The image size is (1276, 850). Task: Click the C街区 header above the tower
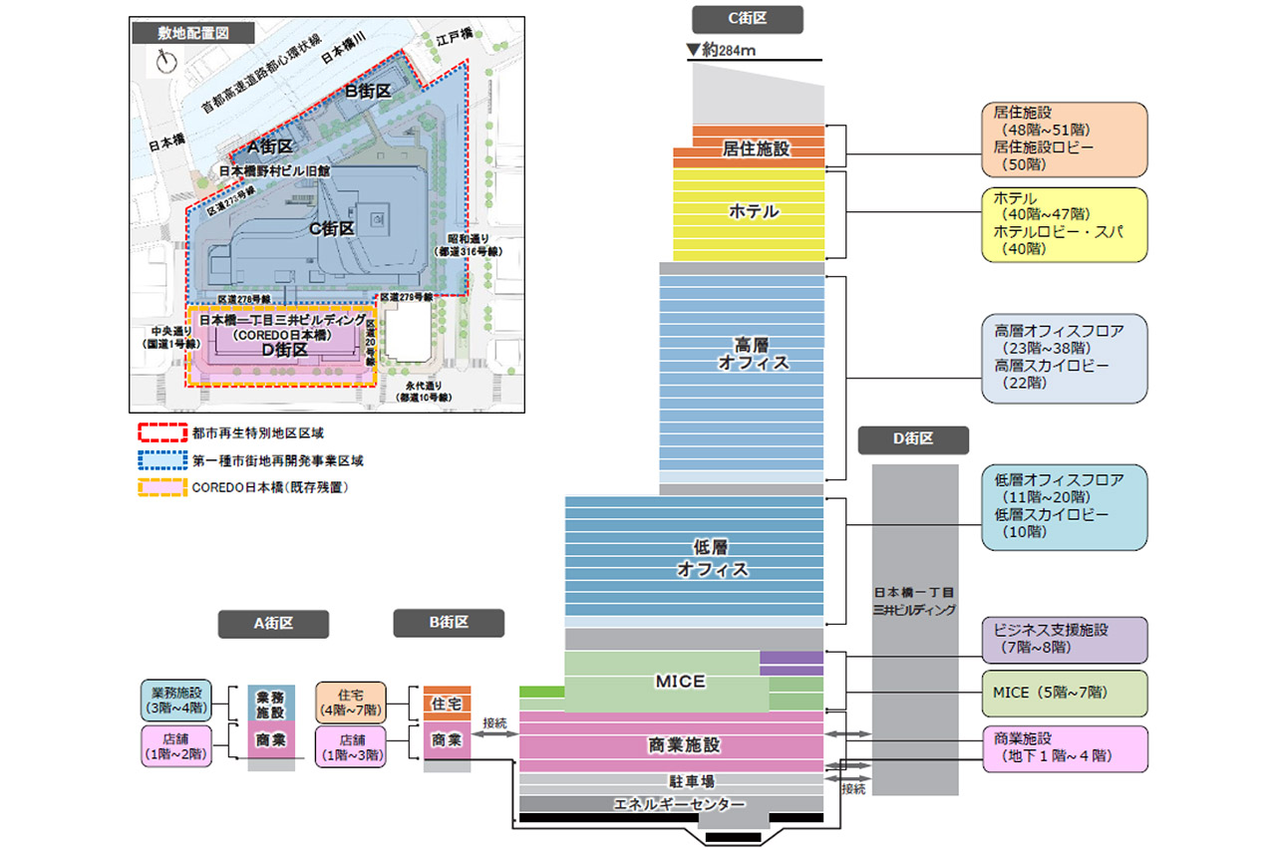(747, 19)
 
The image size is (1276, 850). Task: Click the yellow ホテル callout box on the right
(1064, 224)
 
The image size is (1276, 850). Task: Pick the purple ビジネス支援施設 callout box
(1064, 639)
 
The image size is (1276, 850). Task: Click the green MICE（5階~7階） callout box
(1064, 693)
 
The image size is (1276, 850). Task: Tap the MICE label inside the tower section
(681, 682)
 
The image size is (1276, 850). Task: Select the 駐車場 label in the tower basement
(692, 782)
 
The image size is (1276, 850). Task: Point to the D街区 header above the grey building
(913, 439)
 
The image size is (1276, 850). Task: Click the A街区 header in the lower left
(273, 624)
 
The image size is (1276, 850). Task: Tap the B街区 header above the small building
(449, 623)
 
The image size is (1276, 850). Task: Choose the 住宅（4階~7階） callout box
(352, 701)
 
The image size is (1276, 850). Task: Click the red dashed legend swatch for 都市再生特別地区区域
(161, 433)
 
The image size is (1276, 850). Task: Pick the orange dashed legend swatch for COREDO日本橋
(161, 487)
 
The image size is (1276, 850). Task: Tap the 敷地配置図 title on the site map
(193, 32)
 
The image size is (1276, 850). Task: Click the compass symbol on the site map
(164, 61)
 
